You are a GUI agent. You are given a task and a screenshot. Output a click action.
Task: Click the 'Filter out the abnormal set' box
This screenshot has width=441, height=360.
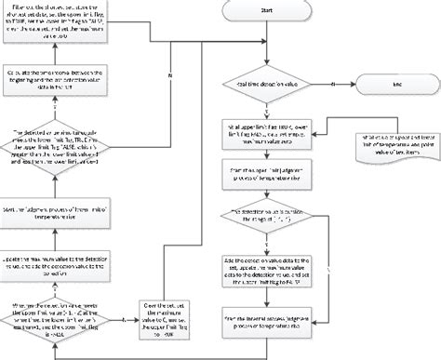[x=58, y=23]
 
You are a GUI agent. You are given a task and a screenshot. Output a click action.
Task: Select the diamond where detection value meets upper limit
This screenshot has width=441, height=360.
[x=58, y=317]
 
